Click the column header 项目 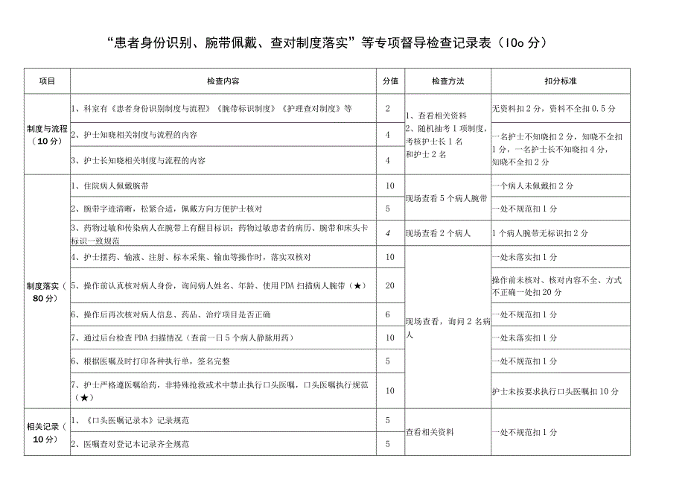(46, 80)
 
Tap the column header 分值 (389, 80)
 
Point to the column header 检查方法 (447, 80)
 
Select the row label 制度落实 (46, 291)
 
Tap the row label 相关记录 (46, 432)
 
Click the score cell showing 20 (389, 286)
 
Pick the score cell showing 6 (389, 314)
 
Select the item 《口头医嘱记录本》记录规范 (130, 421)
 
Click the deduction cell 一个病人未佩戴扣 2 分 (532, 186)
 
